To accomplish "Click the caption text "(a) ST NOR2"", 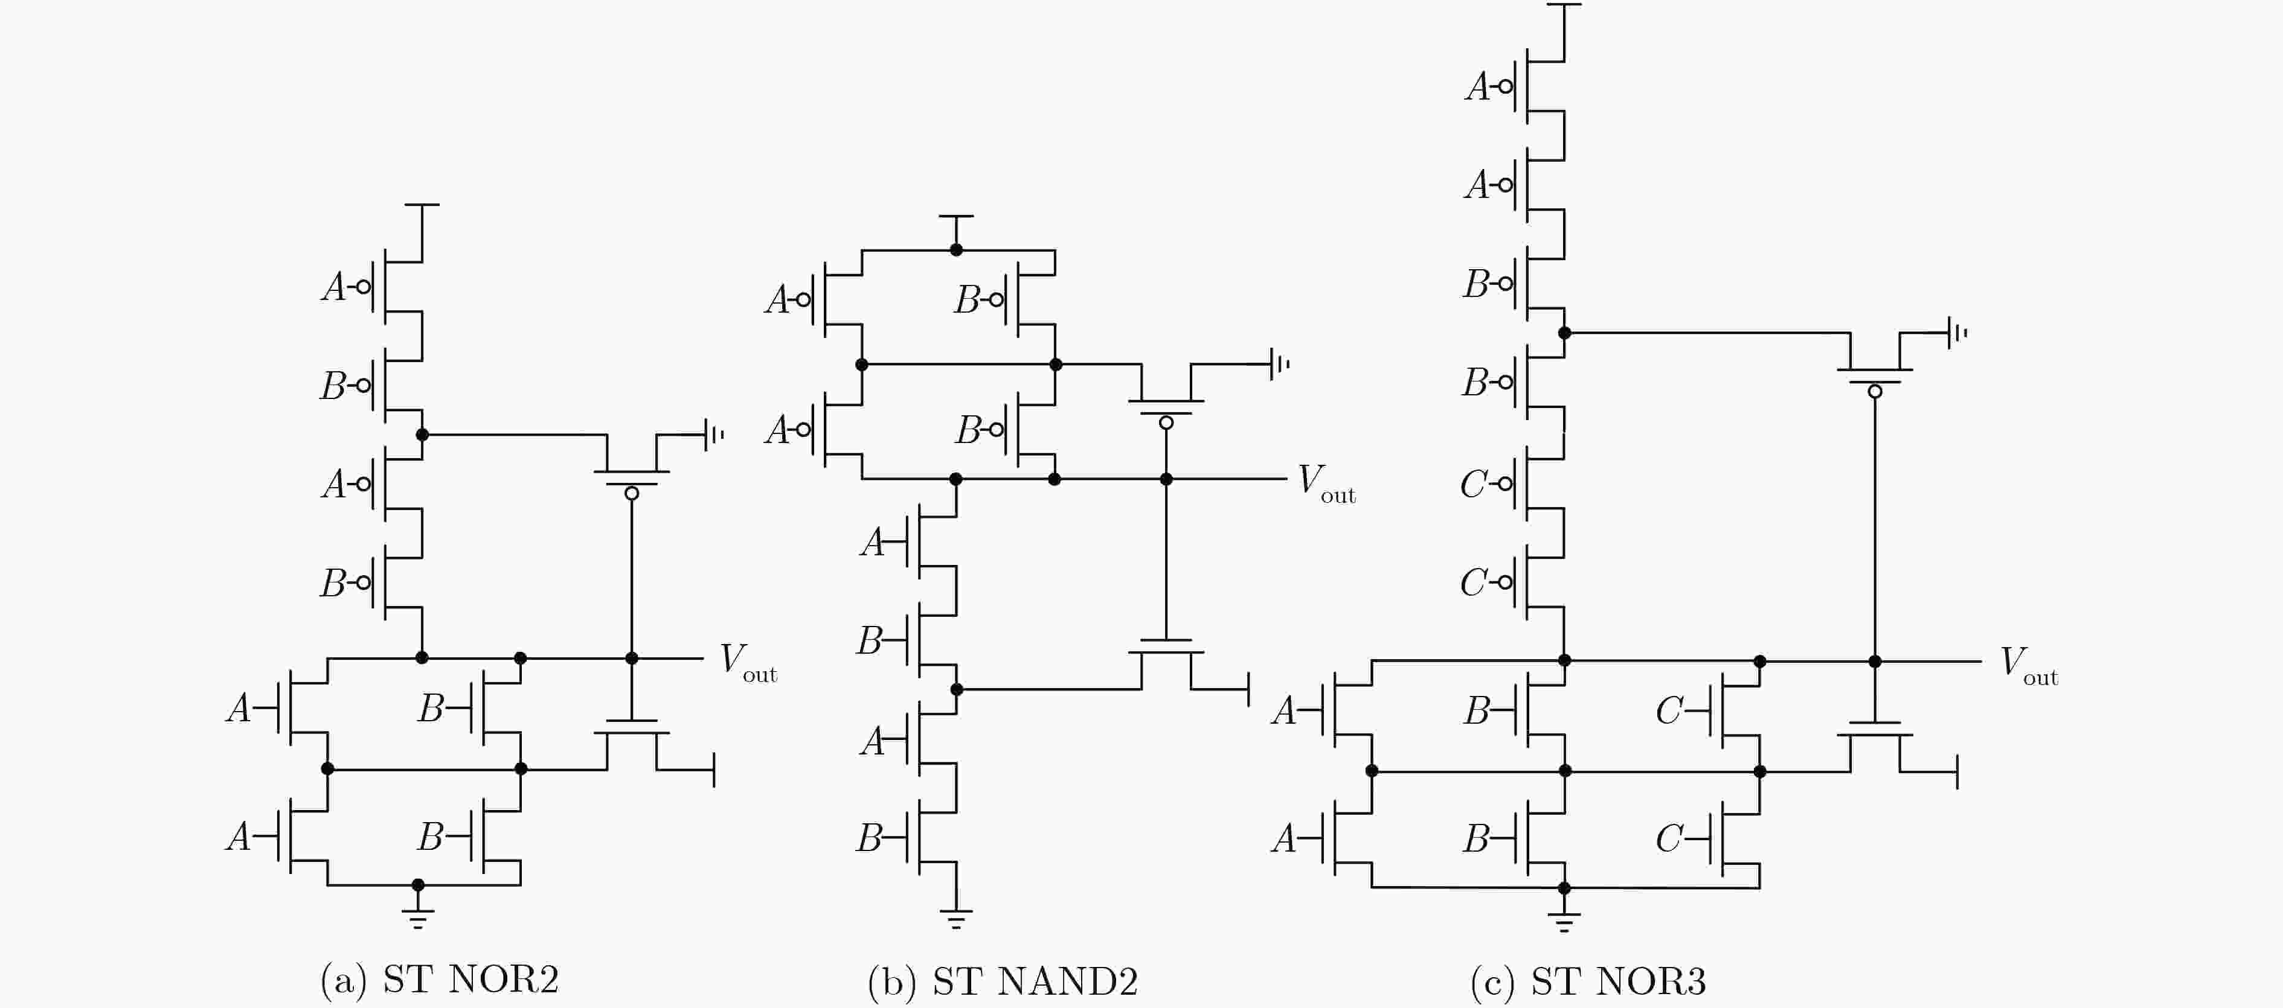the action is pyautogui.click(x=440, y=980).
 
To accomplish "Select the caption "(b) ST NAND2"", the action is pyautogui.click(x=1003, y=981).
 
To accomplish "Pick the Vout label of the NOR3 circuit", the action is pyautogui.click(x=2029, y=666).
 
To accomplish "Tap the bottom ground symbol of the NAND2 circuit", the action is pyautogui.click(x=955, y=917).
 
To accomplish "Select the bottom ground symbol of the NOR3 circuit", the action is pyautogui.click(x=1564, y=921).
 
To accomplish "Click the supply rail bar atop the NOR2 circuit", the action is pyautogui.click(x=422, y=205).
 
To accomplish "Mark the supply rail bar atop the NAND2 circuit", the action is pyautogui.click(x=956, y=215).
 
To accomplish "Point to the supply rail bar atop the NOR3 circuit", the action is pyautogui.click(x=1564, y=4).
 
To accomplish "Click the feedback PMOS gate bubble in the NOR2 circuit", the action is pyautogui.click(x=632, y=493).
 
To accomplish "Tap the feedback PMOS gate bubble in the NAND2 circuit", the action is pyautogui.click(x=1166, y=423).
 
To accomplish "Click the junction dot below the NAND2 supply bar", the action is pyautogui.click(x=956, y=250).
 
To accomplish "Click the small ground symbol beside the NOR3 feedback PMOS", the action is pyautogui.click(x=1957, y=333).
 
